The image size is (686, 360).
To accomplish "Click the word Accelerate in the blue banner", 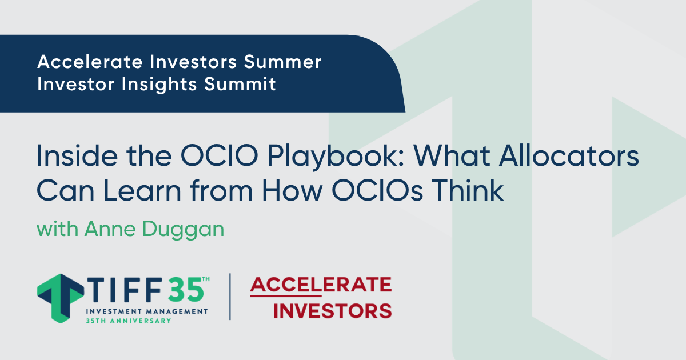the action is pyautogui.click(x=90, y=62).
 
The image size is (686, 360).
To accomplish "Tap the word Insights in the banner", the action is pyautogui.click(x=159, y=84).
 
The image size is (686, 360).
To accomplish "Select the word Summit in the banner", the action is pyautogui.click(x=240, y=84).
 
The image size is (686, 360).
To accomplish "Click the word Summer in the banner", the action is pyautogui.click(x=282, y=62).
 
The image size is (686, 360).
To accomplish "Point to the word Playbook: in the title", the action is pyautogui.click(x=336, y=157).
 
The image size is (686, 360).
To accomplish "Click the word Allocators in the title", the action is pyautogui.click(x=569, y=155).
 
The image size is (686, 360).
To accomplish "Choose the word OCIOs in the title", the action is pyautogui.click(x=377, y=190).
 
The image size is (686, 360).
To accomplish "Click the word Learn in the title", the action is pyautogui.click(x=142, y=190).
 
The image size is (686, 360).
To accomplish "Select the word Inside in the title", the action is pyautogui.click(x=77, y=155).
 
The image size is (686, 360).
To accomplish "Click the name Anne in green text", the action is pyautogui.click(x=110, y=229).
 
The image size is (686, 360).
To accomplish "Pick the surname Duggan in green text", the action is pyautogui.click(x=183, y=230).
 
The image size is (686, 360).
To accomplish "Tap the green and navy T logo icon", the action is pyautogui.click(x=61, y=298).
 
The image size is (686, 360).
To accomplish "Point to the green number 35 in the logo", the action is pyautogui.click(x=186, y=290).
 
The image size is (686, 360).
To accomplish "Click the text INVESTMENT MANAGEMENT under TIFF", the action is pyautogui.click(x=147, y=311).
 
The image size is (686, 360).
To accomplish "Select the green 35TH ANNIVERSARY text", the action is pyautogui.click(x=128, y=321).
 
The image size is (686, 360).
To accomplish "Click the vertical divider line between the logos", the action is pyautogui.click(x=230, y=297).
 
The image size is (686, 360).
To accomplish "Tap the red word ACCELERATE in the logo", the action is pyautogui.click(x=321, y=285).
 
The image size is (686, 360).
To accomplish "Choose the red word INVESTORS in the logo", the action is pyautogui.click(x=332, y=311).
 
